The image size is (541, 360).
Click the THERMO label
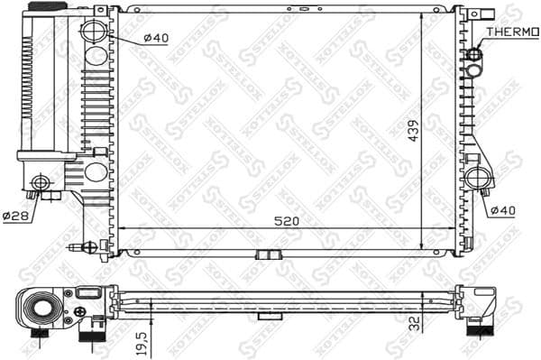coord(511,32)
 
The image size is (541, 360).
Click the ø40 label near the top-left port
coord(155,38)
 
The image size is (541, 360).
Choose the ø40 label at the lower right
coord(503,210)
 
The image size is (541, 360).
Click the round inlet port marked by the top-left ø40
coord(94,33)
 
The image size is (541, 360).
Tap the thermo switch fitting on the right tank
coord(474,56)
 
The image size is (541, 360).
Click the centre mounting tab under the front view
coord(267,254)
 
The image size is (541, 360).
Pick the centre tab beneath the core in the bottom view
coord(267,316)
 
